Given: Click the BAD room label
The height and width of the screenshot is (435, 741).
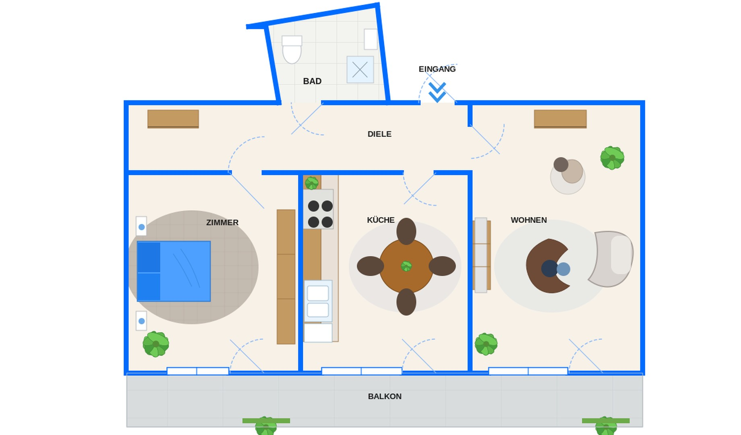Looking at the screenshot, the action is [x=312, y=81].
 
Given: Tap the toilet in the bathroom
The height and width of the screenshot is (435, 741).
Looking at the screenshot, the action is [x=292, y=50].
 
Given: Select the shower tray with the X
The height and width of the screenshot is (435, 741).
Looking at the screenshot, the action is [x=360, y=70].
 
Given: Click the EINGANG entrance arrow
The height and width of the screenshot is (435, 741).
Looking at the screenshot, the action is [x=437, y=92].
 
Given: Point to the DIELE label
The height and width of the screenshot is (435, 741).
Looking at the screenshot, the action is [x=379, y=134].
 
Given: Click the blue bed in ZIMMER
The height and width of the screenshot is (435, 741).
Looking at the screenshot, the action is [x=174, y=271].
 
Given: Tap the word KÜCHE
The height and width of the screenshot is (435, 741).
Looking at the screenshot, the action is [x=381, y=220].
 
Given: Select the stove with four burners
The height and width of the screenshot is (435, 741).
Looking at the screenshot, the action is [x=318, y=209].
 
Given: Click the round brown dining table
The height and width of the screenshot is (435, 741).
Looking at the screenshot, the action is [x=406, y=266].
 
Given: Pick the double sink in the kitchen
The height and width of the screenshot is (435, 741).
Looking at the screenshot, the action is [x=318, y=301].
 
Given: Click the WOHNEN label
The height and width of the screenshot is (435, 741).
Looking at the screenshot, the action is [x=529, y=220].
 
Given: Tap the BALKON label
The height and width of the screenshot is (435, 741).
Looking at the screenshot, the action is [x=385, y=397].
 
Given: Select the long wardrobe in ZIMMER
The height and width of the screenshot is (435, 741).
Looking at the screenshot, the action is [x=286, y=277].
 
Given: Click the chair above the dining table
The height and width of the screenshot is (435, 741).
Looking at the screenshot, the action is [x=406, y=231].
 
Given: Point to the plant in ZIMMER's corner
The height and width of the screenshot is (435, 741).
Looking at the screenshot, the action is [x=156, y=344].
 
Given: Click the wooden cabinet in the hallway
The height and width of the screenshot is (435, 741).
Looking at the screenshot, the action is [x=173, y=119].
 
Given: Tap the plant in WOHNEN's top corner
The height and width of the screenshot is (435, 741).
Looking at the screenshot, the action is [x=612, y=158].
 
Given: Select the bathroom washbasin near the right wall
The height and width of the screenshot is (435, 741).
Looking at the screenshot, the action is [x=370, y=39].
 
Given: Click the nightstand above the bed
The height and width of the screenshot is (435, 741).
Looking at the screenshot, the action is [x=141, y=226].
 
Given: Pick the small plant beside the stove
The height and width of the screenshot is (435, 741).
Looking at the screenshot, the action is [x=312, y=183].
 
